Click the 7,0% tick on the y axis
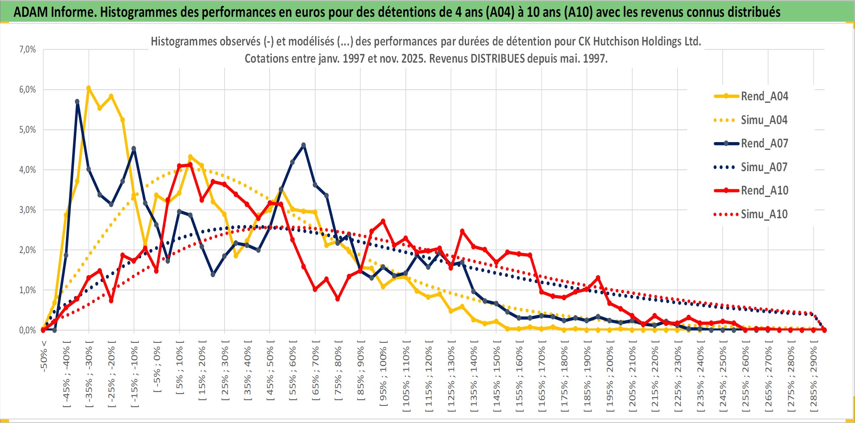[27, 50]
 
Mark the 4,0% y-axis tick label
[27, 170]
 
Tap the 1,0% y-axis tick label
[27, 290]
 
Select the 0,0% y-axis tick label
[27, 330]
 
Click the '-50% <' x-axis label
[44, 356]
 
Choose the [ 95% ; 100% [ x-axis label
[383, 376]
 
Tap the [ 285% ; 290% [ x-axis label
[813, 378]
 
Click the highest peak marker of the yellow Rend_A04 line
[89, 88]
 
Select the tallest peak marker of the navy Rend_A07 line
[77, 102]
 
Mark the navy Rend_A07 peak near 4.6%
[303, 145]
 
